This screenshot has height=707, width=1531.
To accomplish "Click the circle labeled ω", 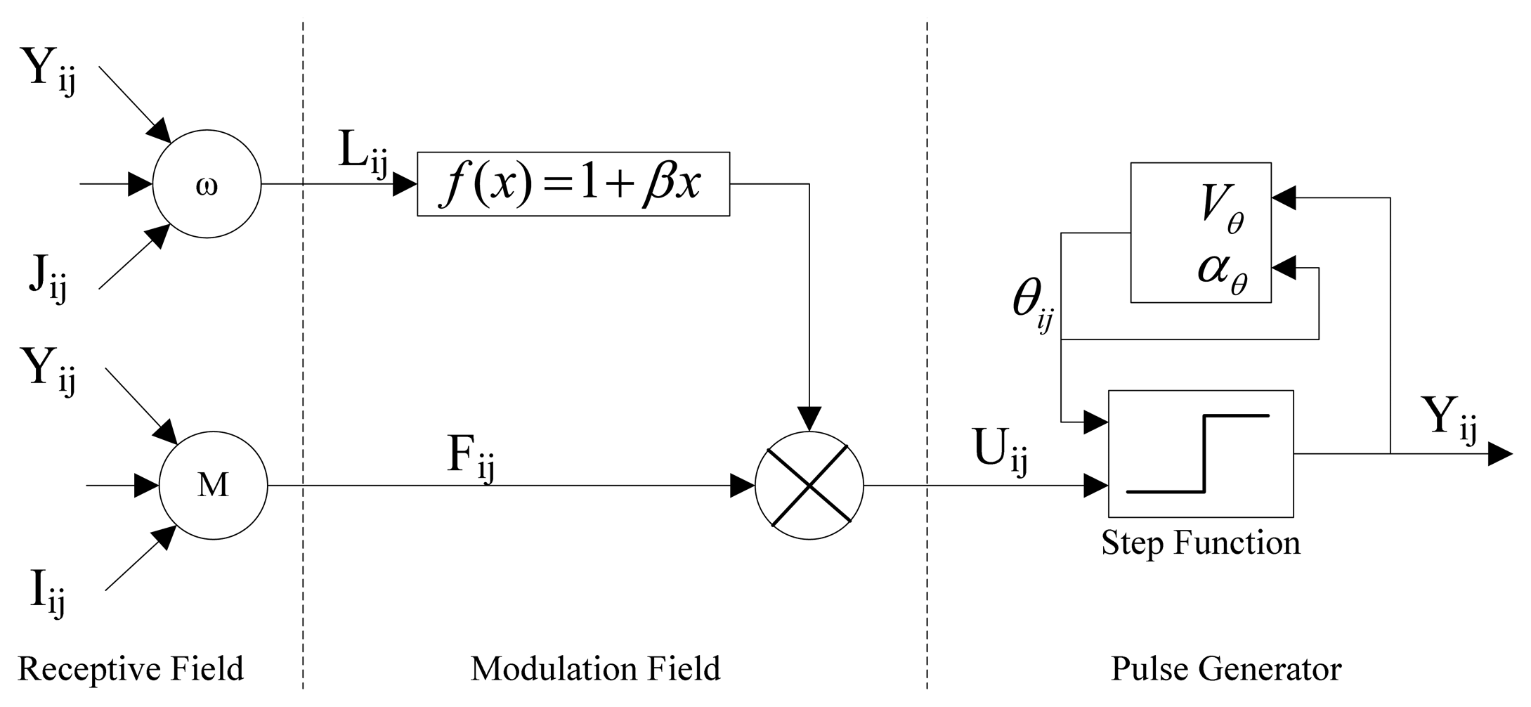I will pyautogui.click(x=207, y=185).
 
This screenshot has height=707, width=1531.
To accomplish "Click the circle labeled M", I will pyautogui.click(x=213, y=485).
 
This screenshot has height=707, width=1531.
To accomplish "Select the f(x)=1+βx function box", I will pyautogui.click(x=573, y=184).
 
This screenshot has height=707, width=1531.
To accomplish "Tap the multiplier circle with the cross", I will pyautogui.click(x=809, y=485).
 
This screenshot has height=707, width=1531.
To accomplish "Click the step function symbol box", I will pyautogui.click(x=1200, y=454).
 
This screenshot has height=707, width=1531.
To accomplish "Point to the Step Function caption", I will pyautogui.click(x=1200, y=543).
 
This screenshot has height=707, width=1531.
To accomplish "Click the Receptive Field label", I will pyautogui.click(x=131, y=668).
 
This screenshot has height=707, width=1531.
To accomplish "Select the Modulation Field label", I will pyautogui.click(x=595, y=668).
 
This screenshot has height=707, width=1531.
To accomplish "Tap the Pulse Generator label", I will pyautogui.click(x=1225, y=668).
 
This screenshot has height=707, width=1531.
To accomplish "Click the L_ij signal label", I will pyautogui.click(x=363, y=153).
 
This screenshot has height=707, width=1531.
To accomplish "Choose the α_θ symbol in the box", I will pyautogui.click(x=1223, y=271).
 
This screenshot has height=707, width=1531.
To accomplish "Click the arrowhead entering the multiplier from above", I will pyautogui.click(x=809, y=419).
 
